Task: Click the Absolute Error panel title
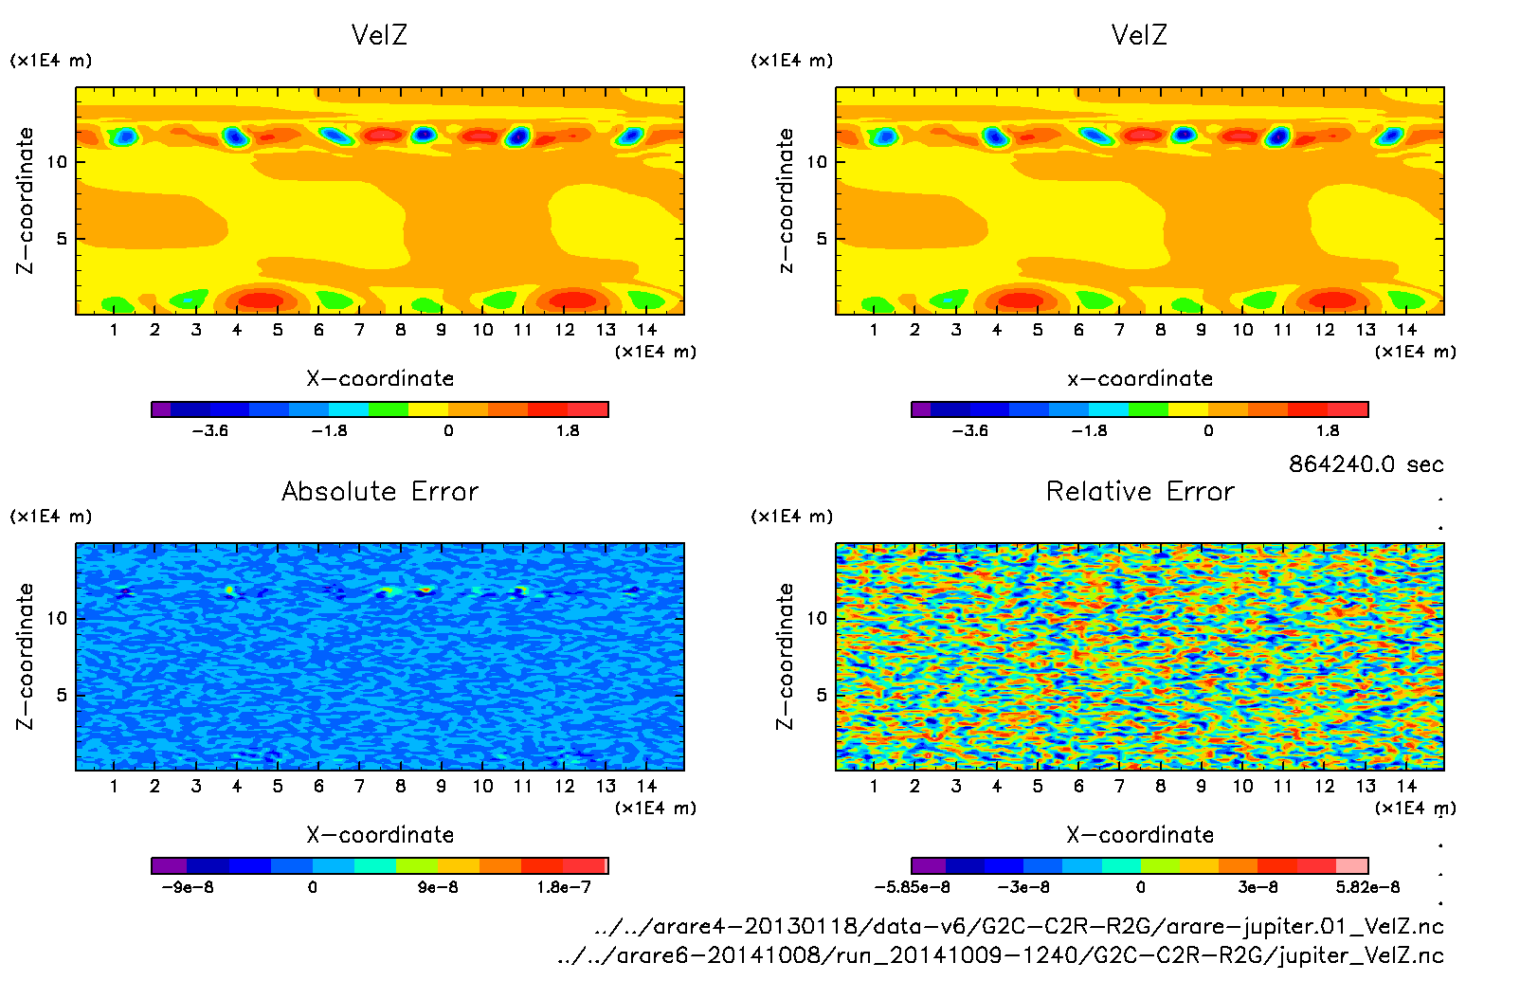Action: point(380,491)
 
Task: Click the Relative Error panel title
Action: point(1140,491)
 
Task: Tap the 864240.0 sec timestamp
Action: point(1366,463)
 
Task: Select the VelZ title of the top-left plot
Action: point(379,35)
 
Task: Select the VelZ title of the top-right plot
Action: point(1139,35)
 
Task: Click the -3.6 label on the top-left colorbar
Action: point(209,430)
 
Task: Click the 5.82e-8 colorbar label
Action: point(1367,887)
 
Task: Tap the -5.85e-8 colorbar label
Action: point(912,887)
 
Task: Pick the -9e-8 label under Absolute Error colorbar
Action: point(188,887)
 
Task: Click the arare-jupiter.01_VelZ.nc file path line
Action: point(1019,926)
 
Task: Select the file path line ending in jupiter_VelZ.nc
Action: point(1001,955)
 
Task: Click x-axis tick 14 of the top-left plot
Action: point(646,330)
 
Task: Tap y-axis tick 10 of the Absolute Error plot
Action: point(58,618)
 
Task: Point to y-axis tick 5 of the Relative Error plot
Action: point(822,695)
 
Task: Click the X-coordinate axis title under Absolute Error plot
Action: point(380,835)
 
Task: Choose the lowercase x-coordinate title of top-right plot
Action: point(1140,379)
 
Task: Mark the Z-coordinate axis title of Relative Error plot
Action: point(785,656)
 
